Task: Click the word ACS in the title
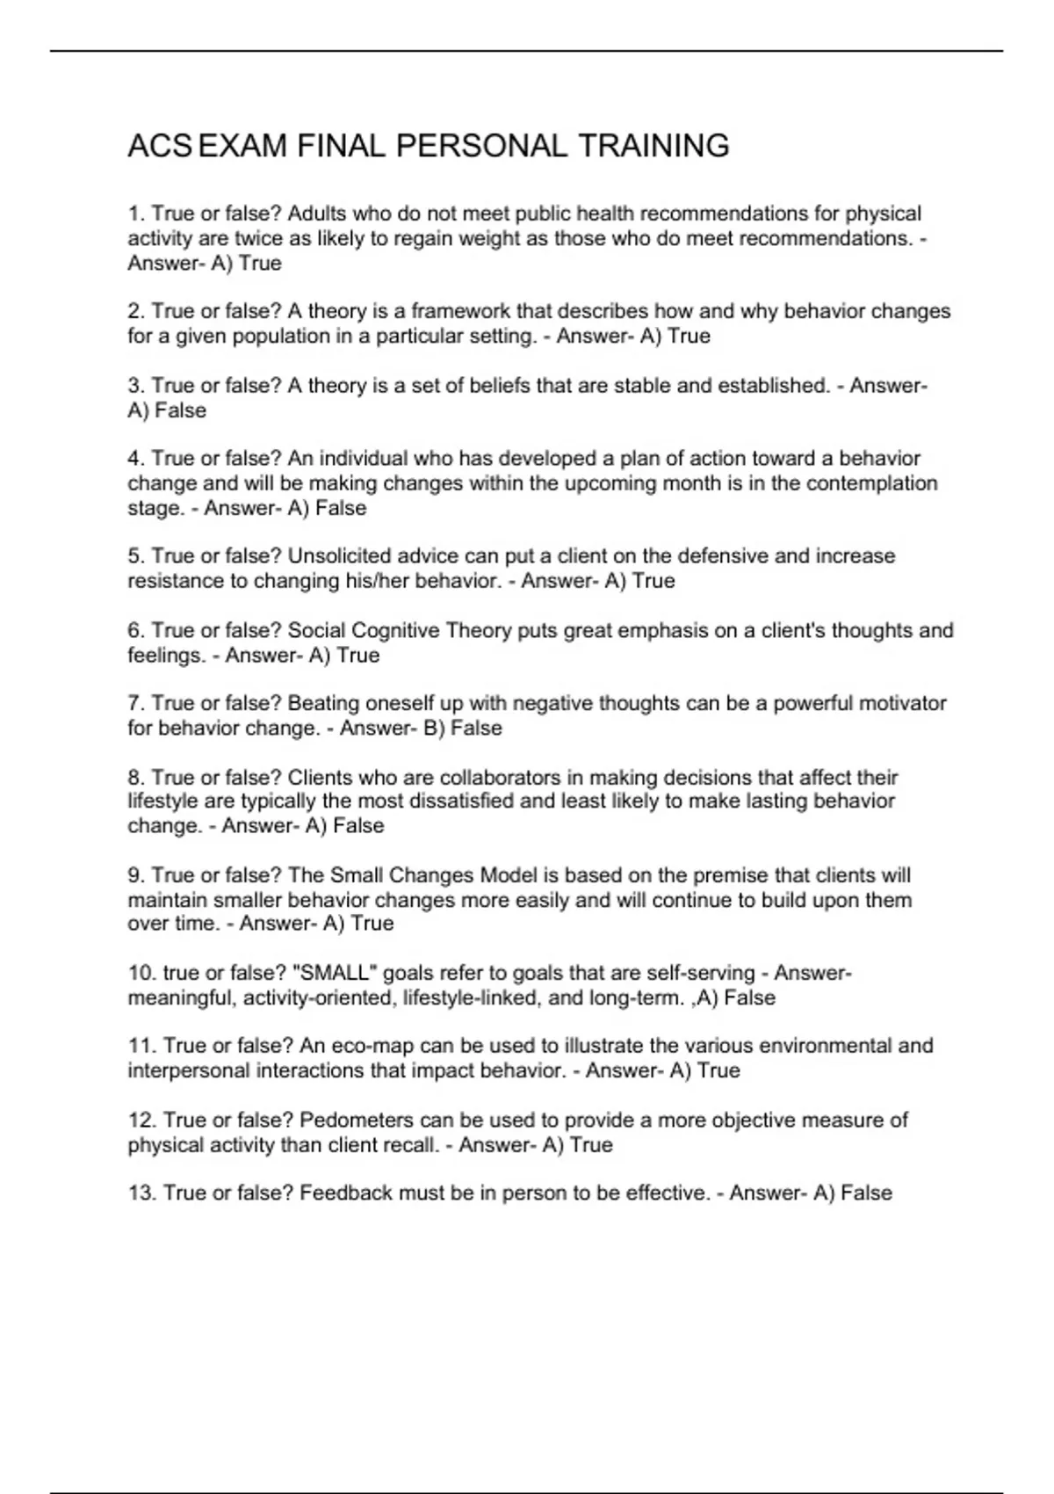159,146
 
